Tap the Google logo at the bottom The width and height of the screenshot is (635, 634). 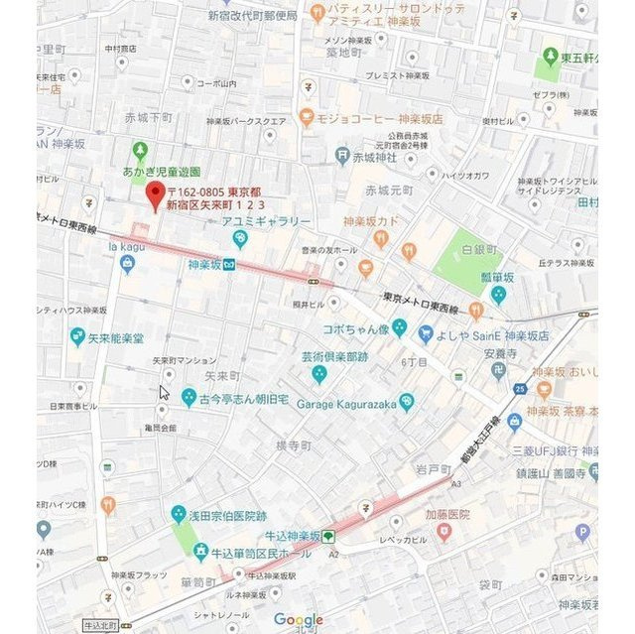pyautogui.click(x=299, y=620)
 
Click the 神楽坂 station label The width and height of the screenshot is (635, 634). pyautogui.click(x=203, y=264)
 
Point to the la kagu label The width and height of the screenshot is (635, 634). pyautogui.click(x=126, y=246)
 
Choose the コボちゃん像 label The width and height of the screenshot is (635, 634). pyautogui.click(x=353, y=328)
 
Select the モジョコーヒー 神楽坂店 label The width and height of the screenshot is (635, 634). pyautogui.click(x=372, y=117)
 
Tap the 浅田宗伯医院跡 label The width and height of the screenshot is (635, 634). pyautogui.click(x=227, y=515)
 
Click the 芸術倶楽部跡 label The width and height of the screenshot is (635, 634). pyautogui.click(x=335, y=355)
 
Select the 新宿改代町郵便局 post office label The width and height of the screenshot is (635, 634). pyautogui.click(x=252, y=16)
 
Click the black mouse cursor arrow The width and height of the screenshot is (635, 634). pyautogui.click(x=164, y=392)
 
